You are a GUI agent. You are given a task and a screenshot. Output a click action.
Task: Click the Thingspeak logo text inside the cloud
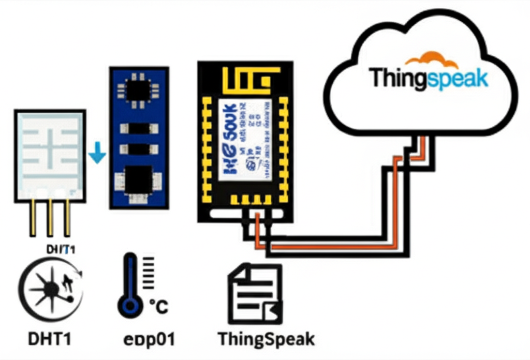click(429, 79)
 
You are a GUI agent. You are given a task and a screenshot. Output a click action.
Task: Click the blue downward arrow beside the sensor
click(97, 155)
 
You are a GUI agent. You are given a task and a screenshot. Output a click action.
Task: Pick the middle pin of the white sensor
click(50, 217)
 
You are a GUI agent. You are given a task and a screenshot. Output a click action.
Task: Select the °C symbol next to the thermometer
click(158, 306)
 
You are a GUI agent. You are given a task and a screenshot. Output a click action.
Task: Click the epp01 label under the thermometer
click(149, 339)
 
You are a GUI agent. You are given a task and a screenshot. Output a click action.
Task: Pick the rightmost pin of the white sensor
click(67, 217)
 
